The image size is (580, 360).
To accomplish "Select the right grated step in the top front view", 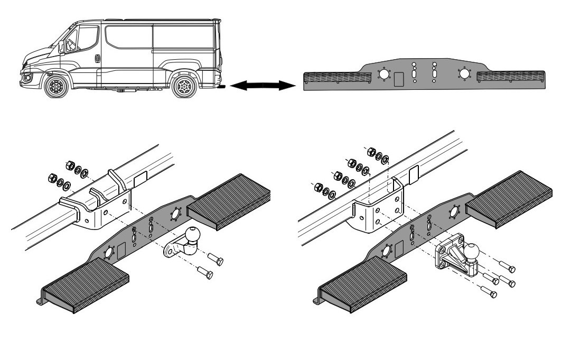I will click(x=510, y=76).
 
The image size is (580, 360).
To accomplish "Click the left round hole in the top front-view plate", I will click(x=383, y=74).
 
